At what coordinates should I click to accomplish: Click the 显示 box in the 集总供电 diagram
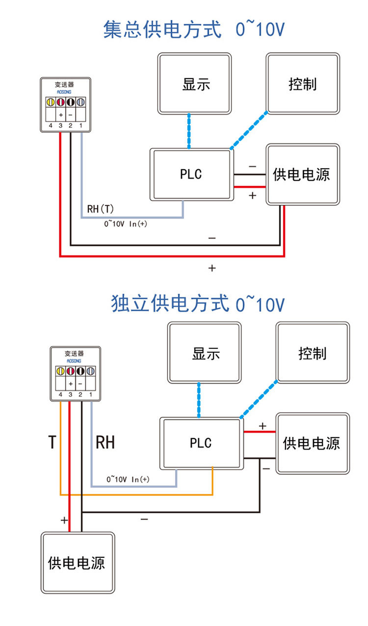click(194, 84)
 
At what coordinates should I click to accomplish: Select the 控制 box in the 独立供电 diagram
click(313, 353)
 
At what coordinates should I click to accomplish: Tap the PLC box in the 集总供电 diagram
click(191, 175)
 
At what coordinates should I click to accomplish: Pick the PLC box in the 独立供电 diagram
click(201, 443)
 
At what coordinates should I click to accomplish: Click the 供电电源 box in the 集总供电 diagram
click(303, 174)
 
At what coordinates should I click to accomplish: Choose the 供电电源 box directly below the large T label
click(78, 562)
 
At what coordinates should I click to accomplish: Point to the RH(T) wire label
click(101, 209)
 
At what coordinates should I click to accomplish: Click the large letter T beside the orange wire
click(52, 442)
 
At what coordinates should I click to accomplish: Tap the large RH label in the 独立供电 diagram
click(105, 442)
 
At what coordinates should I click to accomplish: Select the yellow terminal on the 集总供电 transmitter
click(50, 102)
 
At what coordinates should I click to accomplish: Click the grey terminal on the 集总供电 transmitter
click(81, 102)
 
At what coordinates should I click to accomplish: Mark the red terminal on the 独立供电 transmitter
click(71, 371)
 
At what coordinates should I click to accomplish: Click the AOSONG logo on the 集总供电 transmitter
click(65, 91)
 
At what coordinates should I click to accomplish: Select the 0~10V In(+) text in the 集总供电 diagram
click(126, 224)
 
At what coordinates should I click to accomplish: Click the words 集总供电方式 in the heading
click(162, 30)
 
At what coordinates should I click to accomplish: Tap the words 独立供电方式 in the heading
click(170, 304)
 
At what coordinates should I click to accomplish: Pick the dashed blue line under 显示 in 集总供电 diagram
click(189, 131)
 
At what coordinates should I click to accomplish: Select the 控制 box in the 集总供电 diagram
click(303, 84)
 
